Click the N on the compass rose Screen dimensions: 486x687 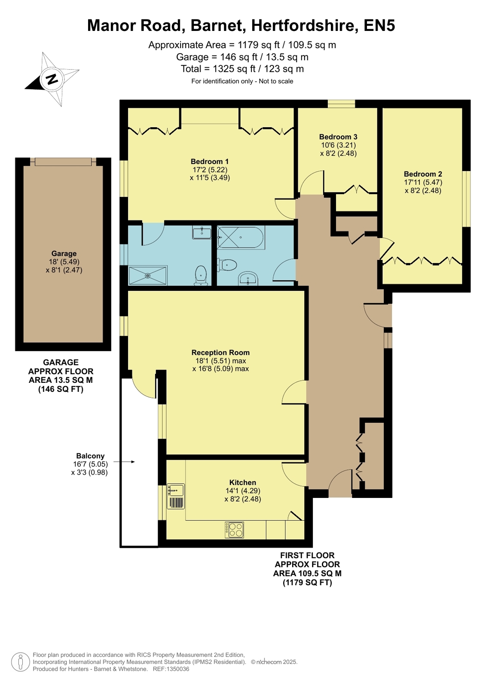[x=52, y=79]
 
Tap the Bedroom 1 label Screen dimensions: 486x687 [x=210, y=161]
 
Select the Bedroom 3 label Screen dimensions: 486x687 [x=338, y=137]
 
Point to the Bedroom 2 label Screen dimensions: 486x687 [x=423, y=174]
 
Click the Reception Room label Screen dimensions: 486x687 [x=220, y=352]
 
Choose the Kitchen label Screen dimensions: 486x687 [x=243, y=482]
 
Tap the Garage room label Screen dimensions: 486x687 [x=64, y=253]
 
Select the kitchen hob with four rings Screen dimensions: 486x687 [x=235, y=530]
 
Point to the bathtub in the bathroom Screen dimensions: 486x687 [x=241, y=238]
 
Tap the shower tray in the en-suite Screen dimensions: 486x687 [x=147, y=275]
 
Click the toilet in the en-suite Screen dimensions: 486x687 [x=201, y=275]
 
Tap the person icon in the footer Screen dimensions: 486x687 [x=21, y=662]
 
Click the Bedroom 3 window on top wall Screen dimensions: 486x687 [x=342, y=104]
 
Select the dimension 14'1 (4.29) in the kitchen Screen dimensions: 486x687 [x=243, y=491]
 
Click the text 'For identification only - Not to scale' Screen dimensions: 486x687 [x=242, y=81]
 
